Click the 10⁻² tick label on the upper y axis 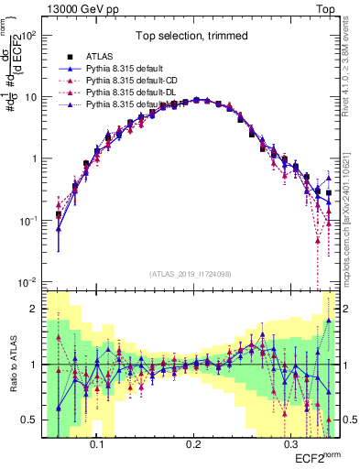coord(29,281)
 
